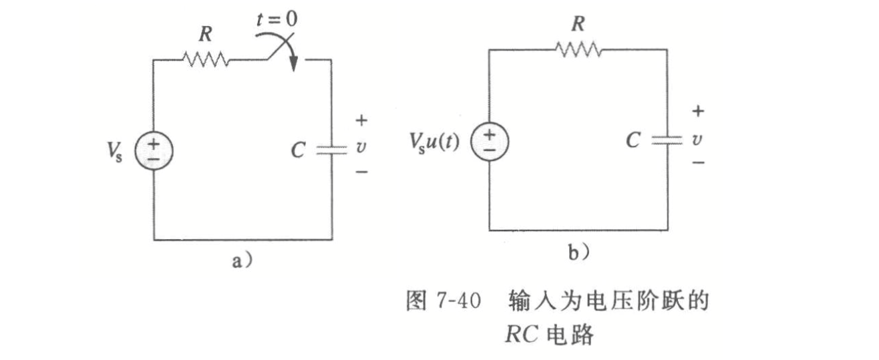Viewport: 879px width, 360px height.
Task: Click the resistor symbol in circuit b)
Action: (x=578, y=49)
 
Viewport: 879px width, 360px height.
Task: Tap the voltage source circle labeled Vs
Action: (x=154, y=150)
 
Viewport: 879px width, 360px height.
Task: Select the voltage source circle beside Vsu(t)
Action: (x=490, y=142)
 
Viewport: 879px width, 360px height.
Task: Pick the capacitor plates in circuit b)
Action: (x=667, y=140)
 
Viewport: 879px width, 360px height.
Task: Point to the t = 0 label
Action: (x=277, y=18)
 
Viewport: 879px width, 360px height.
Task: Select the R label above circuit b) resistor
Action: (x=578, y=24)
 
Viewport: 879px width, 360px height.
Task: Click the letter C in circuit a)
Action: (x=299, y=151)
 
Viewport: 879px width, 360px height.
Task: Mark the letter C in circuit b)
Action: (x=634, y=141)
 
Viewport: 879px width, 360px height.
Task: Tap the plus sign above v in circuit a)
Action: (x=361, y=121)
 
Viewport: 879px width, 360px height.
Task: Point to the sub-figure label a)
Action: (x=240, y=262)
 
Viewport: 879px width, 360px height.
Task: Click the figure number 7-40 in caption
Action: (x=460, y=301)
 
